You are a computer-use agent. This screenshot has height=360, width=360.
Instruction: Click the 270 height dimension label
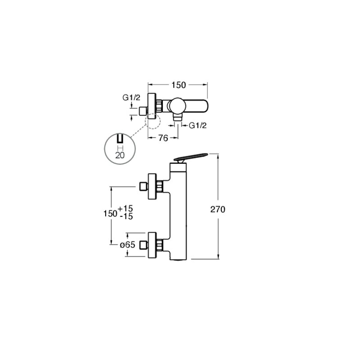(x=218, y=209)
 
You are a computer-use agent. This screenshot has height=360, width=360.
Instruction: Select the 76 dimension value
(x=163, y=138)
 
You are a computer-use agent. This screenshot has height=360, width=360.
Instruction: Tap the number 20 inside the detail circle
(x=120, y=155)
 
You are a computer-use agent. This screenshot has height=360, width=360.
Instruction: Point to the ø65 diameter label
(x=128, y=245)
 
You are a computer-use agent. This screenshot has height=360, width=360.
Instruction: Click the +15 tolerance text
(x=126, y=208)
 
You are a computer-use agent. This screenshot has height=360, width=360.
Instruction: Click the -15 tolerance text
(x=126, y=216)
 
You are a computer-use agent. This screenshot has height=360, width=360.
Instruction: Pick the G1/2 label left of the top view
(x=131, y=98)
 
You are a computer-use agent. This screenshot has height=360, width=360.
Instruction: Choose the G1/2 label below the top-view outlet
(x=198, y=126)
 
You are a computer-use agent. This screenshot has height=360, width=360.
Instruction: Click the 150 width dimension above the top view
(x=179, y=85)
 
